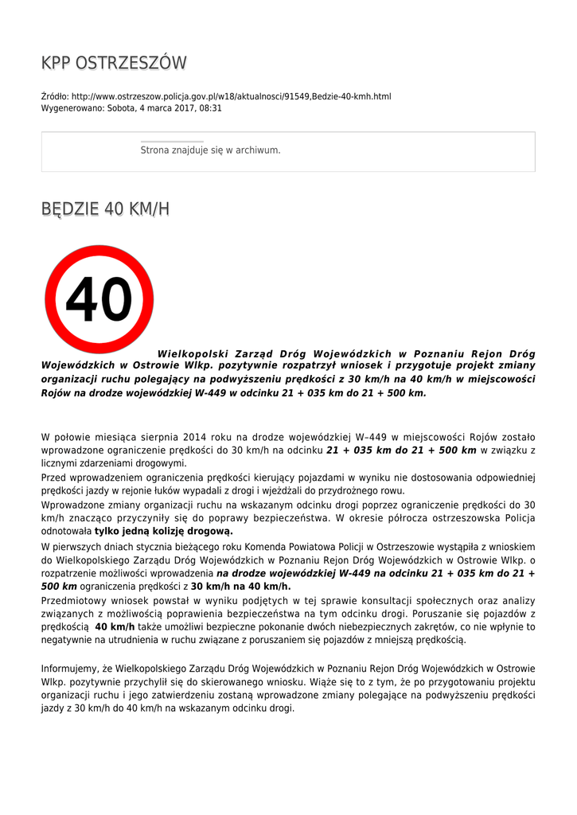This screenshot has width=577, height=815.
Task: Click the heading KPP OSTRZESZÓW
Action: coord(114,63)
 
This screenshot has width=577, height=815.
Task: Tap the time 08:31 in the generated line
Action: coord(211,107)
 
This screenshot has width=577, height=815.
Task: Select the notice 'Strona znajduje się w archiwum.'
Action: coord(210,150)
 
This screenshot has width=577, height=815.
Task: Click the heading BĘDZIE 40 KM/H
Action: coord(105,209)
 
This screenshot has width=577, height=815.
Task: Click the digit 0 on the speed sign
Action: coord(115,301)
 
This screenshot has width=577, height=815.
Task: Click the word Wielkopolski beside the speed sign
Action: coord(193,353)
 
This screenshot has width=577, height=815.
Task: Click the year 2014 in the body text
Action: coord(195,437)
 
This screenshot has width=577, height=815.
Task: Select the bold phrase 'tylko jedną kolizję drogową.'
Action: coord(164,531)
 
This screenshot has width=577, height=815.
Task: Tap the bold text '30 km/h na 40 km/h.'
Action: coord(240,586)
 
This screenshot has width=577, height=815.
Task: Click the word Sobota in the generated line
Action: coord(122,107)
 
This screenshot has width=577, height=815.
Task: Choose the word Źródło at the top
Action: coord(55,96)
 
